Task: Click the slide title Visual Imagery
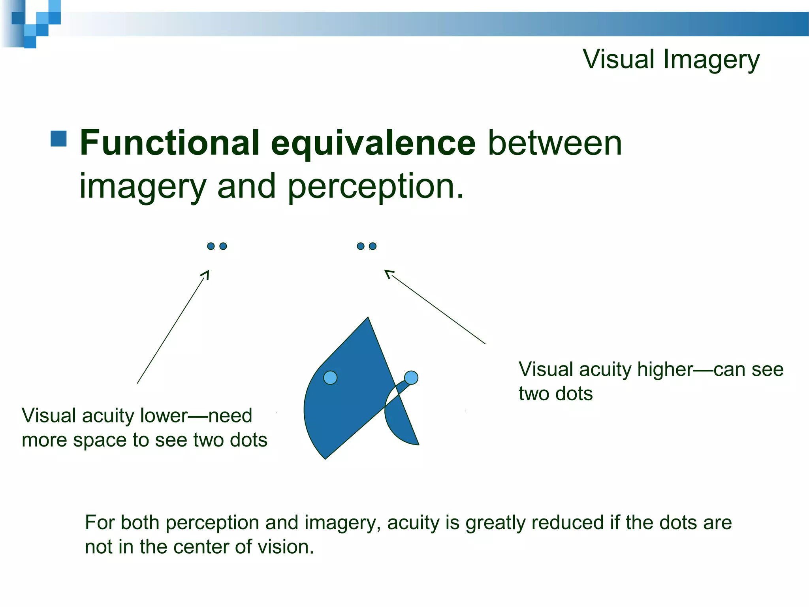[671, 59]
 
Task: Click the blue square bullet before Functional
[58, 139]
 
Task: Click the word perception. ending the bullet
[375, 187]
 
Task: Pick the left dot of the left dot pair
[211, 246]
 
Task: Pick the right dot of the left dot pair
[223, 246]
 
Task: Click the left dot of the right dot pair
[360, 246]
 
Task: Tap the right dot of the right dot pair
[373, 246]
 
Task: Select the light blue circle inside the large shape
[330, 378]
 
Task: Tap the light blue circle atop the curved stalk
[411, 378]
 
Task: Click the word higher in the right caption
[665, 369]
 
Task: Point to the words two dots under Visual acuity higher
[555, 394]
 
